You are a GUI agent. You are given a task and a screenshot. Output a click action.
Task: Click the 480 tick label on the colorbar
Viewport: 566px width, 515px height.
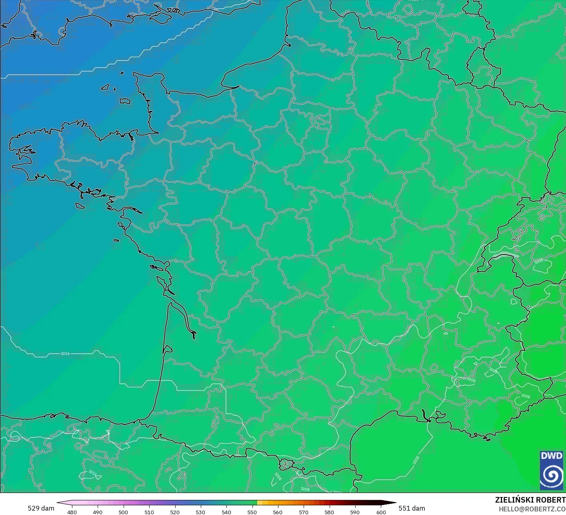tap(72, 512)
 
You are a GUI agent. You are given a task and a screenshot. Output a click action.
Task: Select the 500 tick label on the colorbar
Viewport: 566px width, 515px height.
tap(123, 512)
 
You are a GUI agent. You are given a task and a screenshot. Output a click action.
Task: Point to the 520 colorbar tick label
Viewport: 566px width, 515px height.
tap(175, 512)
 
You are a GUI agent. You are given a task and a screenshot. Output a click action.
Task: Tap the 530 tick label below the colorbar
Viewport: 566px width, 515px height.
tap(200, 512)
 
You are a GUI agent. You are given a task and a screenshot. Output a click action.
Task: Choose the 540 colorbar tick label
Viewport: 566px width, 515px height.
tap(226, 512)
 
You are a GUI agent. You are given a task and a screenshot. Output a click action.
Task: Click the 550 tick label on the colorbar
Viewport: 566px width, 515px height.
tap(252, 512)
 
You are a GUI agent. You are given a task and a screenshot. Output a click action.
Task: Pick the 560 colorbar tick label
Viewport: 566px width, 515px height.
tap(278, 512)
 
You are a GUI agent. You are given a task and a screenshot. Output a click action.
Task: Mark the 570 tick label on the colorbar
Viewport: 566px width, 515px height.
tap(304, 512)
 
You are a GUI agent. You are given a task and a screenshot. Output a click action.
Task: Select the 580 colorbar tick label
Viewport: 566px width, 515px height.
tap(329, 512)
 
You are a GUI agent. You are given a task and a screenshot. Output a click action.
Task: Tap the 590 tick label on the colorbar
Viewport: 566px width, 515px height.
tap(355, 512)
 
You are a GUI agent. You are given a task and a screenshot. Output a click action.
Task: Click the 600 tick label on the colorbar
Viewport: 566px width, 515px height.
tap(381, 512)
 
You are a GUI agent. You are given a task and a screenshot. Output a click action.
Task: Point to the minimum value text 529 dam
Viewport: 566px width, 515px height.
tap(41, 508)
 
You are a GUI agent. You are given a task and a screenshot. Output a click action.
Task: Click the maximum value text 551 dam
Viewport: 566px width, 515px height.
tap(412, 508)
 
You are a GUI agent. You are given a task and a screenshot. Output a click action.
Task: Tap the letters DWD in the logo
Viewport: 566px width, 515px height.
tap(552, 456)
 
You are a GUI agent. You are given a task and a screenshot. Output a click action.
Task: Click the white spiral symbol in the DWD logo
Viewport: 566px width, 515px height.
tap(552, 475)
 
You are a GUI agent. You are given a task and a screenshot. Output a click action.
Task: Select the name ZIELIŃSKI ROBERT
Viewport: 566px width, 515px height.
tap(530, 500)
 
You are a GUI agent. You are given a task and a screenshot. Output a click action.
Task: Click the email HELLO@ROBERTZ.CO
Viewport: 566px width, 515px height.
tap(532, 509)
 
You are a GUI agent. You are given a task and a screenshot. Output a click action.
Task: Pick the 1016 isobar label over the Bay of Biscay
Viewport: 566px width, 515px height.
tap(65, 354)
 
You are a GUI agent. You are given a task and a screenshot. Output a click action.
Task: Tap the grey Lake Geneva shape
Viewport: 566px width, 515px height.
tap(505, 256)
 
